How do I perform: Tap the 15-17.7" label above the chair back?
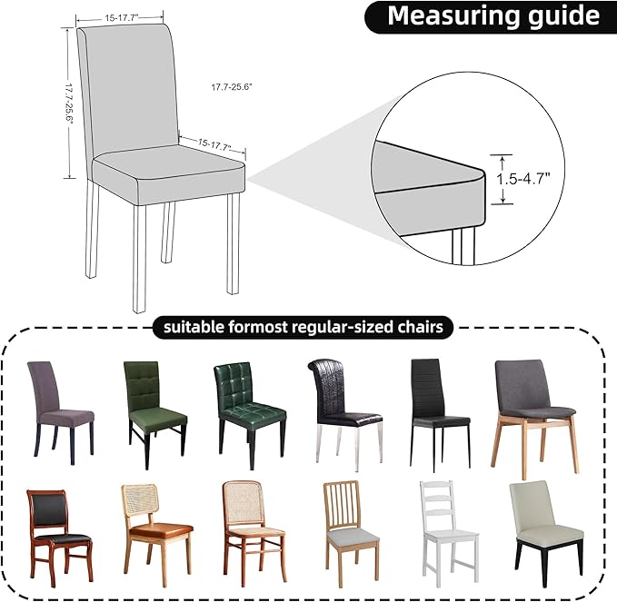pyautogui.click(x=119, y=17)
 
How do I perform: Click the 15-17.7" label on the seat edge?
pyautogui.click(x=215, y=143)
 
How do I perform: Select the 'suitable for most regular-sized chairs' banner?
pyautogui.click(x=304, y=327)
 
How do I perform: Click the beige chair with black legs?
pyautogui.click(x=545, y=531)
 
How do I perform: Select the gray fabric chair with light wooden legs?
pyautogui.click(x=534, y=413)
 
